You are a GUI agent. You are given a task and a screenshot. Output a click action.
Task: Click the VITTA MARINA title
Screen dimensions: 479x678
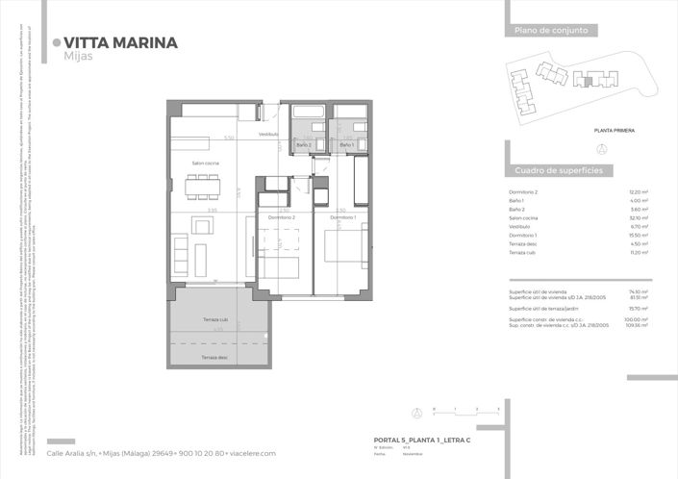(x=120, y=42)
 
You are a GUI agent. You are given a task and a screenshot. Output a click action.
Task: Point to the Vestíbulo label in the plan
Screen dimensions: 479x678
(x=267, y=134)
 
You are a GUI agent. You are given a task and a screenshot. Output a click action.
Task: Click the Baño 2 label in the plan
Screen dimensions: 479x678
(x=304, y=144)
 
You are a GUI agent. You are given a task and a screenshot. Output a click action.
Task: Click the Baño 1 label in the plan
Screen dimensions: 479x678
(x=347, y=144)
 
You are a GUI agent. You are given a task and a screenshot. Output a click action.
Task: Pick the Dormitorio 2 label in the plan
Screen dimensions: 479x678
(x=280, y=218)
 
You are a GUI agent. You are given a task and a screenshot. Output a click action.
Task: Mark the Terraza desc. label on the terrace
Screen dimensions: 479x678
(x=214, y=357)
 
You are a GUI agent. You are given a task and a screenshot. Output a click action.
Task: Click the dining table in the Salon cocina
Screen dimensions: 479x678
(x=202, y=187)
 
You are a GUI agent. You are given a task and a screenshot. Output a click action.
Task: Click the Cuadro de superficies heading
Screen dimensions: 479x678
(x=558, y=169)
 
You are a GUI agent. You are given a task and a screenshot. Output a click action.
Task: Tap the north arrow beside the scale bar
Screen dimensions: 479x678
(x=415, y=414)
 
